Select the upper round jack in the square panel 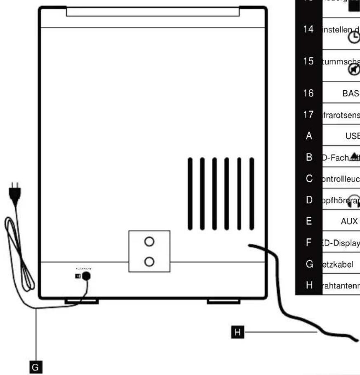click(149, 242)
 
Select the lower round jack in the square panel click(149, 261)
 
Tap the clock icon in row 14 click(354, 38)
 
